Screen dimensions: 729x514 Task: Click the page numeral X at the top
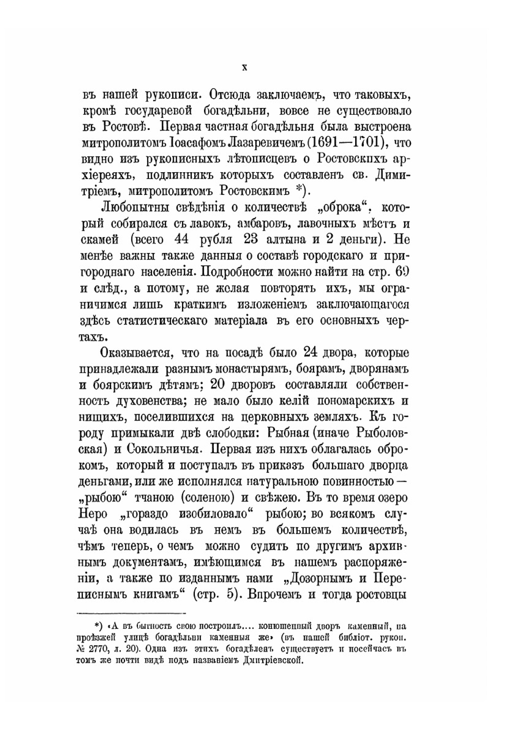pos(245,67)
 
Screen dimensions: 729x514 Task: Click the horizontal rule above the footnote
pos(131,613)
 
